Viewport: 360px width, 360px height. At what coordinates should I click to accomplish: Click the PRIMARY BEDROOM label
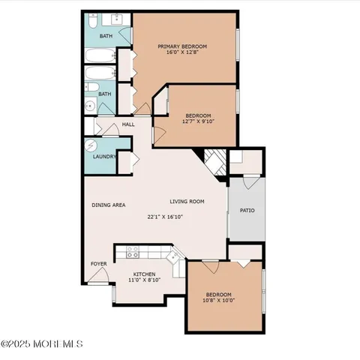(x=182, y=46)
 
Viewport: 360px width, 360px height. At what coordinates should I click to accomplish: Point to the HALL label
(x=128, y=124)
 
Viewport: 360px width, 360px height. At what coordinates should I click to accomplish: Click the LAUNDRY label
(x=103, y=157)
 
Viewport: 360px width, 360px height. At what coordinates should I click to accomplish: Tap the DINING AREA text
(x=108, y=205)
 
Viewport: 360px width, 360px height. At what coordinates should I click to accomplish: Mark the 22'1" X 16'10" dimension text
(x=165, y=217)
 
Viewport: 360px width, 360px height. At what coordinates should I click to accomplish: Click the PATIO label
(x=247, y=210)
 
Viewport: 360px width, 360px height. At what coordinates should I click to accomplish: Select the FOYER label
(x=98, y=264)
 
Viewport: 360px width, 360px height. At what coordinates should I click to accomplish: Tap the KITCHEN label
(x=144, y=274)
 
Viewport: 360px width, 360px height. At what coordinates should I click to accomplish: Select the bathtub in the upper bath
(x=97, y=56)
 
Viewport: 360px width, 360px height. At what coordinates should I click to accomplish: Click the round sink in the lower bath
(x=88, y=106)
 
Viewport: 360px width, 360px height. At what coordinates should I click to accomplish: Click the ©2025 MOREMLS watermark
(x=42, y=344)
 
